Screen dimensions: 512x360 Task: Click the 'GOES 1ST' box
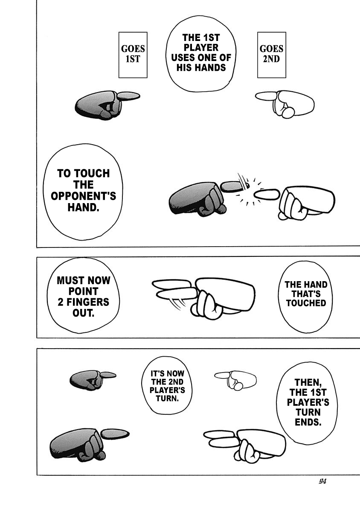tap(133, 54)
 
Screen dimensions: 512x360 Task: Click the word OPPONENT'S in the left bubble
tap(84, 196)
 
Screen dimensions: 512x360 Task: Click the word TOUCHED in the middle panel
tap(305, 303)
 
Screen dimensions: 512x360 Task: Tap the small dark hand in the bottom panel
tap(91, 378)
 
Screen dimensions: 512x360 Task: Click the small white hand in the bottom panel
tap(237, 379)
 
